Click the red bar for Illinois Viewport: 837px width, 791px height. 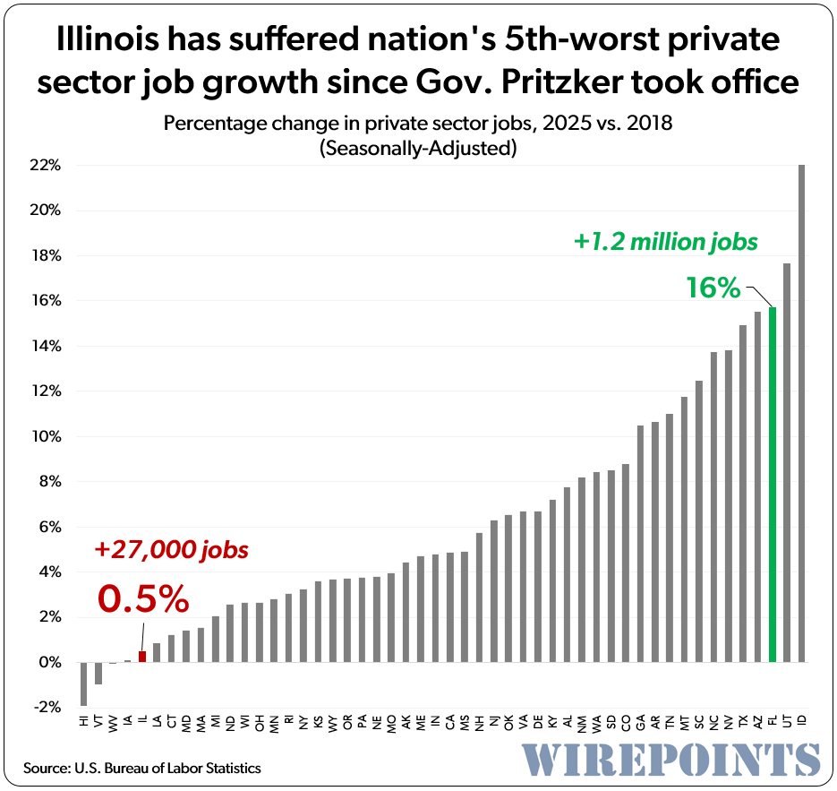tap(142, 657)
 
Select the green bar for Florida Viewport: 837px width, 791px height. tap(773, 485)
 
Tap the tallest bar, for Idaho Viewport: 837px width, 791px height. tap(801, 413)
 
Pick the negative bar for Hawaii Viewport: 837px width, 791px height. tap(84, 684)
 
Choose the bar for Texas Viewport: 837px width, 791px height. tap(743, 494)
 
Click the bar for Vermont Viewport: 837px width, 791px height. tap(98, 673)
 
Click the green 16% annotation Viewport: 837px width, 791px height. tap(713, 288)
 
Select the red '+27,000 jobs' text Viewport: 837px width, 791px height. tap(171, 549)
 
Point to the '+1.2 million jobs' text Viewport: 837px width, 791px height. tap(666, 241)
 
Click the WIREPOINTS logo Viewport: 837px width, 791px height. tap(671, 758)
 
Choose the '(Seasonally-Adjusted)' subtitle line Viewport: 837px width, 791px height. tap(418, 149)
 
